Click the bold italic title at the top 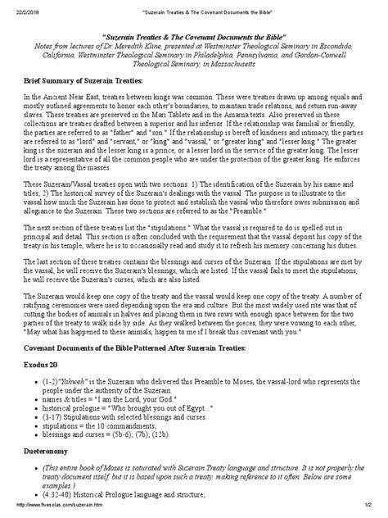(194, 39)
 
